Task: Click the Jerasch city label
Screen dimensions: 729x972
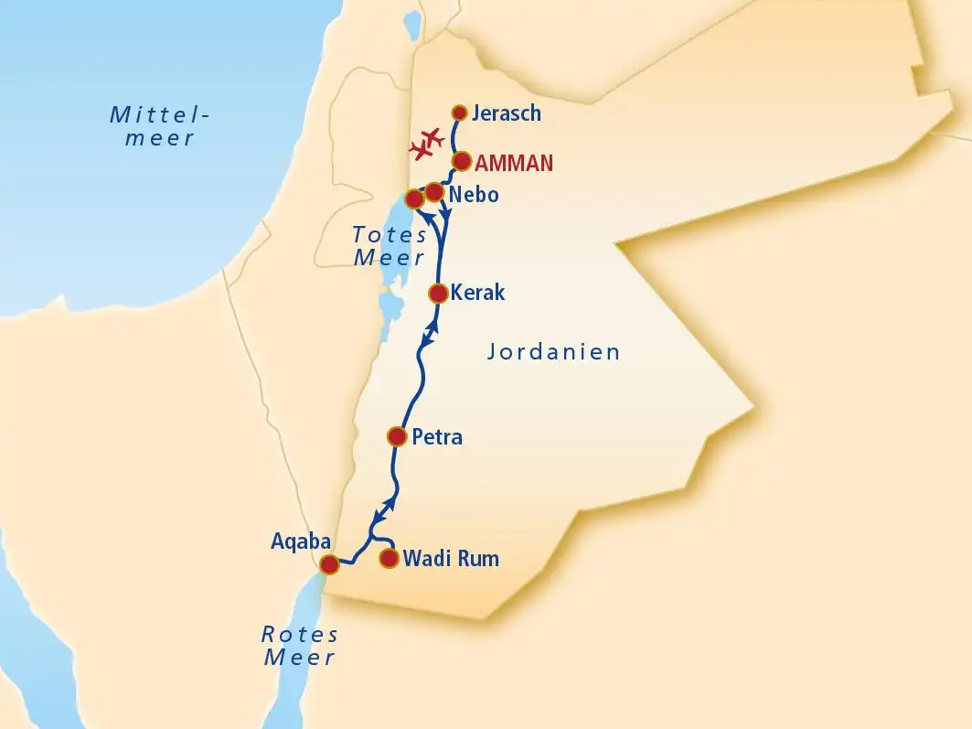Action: coord(507,113)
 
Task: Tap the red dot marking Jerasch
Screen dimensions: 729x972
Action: coord(461,113)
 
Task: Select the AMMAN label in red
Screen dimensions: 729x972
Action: coord(514,164)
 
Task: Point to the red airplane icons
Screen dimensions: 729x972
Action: coord(426,145)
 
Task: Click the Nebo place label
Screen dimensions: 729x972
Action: coord(474,195)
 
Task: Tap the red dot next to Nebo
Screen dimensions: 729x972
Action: coord(434,192)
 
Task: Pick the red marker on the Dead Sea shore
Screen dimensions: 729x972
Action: coord(414,198)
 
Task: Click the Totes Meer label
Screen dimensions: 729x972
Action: coord(389,245)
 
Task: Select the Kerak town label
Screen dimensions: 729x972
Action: coord(478,294)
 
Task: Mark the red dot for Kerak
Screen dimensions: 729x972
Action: coord(438,294)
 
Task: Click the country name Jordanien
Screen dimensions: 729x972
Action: coord(554,352)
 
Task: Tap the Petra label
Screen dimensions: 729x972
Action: coord(437,437)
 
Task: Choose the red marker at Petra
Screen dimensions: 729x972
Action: coord(397,436)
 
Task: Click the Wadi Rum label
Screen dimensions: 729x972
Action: coord(451,558)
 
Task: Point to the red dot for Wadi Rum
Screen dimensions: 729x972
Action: coord(389,557)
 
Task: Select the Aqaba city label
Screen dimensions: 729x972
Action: coord(300,541)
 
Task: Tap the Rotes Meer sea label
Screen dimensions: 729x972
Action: coord(299,645)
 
